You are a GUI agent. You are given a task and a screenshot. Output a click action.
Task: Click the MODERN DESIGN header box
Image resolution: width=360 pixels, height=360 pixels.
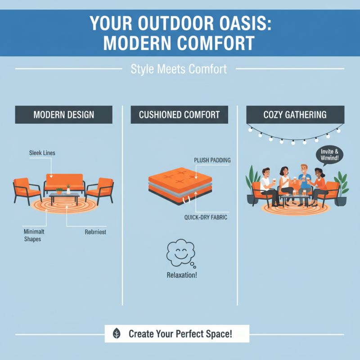(64, 115)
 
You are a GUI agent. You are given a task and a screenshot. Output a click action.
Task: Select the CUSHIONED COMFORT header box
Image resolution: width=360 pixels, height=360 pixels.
(179, 115)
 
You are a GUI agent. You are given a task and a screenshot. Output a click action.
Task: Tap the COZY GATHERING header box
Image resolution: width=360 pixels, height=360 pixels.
(295, 114)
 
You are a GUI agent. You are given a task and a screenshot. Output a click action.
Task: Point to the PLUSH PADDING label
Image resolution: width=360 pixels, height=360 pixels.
(212, 160)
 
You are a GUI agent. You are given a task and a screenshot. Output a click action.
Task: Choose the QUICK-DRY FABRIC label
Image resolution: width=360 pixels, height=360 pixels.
(205, 217)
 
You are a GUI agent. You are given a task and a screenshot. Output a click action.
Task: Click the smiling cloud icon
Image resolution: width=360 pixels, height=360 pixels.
(179, 254)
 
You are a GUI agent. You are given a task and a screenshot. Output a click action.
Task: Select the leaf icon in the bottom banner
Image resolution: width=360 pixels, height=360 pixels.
(117, 334)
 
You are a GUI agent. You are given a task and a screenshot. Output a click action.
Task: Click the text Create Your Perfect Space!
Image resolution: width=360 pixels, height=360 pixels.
(180, 334)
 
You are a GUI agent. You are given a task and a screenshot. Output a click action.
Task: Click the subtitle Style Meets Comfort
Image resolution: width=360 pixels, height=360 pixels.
(179, 69)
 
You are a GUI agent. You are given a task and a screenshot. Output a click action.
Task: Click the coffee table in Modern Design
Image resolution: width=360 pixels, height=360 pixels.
(64, 197)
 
